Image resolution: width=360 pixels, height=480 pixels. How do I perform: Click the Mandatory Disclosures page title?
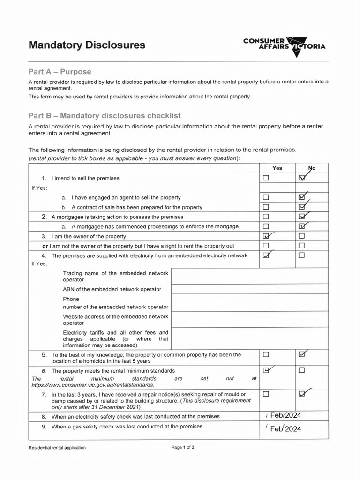(x=87, y=45)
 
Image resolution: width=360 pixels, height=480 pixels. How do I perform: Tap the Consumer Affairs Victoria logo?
(x=284, y=46)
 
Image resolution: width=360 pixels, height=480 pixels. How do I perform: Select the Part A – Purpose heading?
(x=60, y=72)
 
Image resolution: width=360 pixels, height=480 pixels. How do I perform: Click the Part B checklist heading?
(x=105, y=115)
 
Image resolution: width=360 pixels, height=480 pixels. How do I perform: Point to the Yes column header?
(x=277, y=168)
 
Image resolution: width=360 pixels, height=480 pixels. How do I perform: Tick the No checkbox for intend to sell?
(x=301, y=178)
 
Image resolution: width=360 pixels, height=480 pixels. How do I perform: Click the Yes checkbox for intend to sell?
(x=266, y=178)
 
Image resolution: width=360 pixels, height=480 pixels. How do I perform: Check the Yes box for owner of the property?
(x=266, y=236)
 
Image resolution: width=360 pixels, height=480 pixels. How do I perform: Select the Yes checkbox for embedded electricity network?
(x=266, y=255)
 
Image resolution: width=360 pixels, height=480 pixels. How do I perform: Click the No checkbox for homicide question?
(x=301, y=354)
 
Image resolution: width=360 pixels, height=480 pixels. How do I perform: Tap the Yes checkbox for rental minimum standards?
(x=266, y=370)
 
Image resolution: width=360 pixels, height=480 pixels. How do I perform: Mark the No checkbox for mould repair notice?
(x=301, y=394)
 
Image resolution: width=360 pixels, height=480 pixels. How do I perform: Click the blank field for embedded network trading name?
(x=250, y=276)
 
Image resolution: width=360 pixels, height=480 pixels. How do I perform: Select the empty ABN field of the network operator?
(x=250, y=289)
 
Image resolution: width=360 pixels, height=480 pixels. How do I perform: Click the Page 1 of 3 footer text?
(x=183, y=447)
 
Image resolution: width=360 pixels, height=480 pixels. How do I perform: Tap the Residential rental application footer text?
(x=57, y=448)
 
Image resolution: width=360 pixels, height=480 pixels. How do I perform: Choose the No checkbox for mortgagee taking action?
(x=301, y=217)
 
